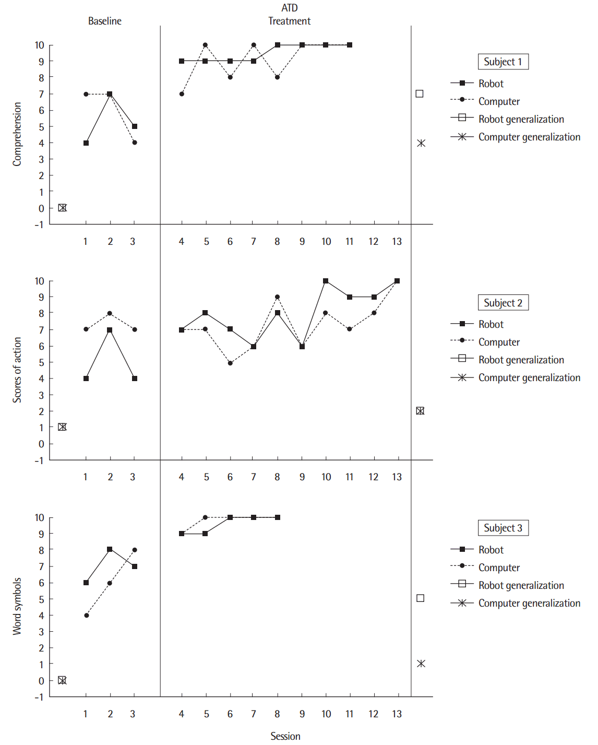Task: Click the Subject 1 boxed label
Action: coord(503,62)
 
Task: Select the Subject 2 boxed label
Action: coord(503,303)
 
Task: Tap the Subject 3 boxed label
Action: coord(503,528)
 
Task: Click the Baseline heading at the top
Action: coord(104,21)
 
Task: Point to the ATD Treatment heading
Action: coord(289,15)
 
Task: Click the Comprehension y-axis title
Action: coord(17,134)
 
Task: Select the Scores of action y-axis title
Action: coord(17,370)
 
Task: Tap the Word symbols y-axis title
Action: coord(17,606)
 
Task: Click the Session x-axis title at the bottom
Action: coord(285,736)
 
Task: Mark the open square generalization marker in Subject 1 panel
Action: coord(420,94)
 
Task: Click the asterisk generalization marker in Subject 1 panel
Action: coord(421,143)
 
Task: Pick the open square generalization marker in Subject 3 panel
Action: coord(421,598)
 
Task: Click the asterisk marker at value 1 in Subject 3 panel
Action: coord(421,664)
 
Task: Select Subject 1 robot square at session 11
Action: coord(350,45)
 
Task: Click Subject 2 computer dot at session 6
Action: coord(230,363)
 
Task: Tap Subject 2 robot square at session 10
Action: coord(326,281)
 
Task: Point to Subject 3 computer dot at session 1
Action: coord(86,616)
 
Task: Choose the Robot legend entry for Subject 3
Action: coord(491,550)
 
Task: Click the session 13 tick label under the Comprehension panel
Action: coord(397,241)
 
